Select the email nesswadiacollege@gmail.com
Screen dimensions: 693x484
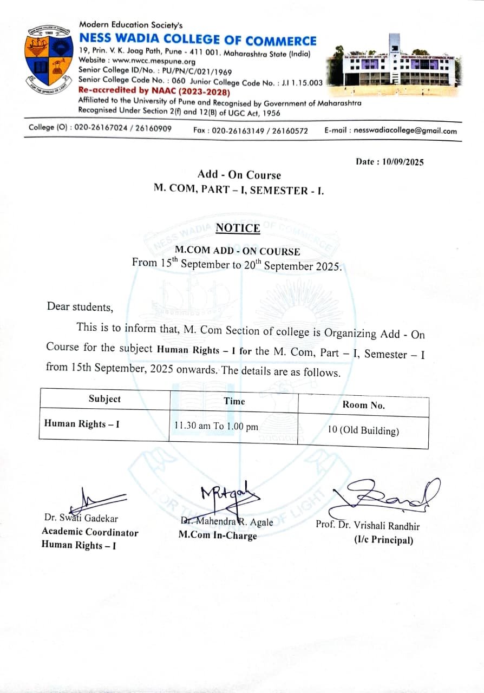[x=405, y=130]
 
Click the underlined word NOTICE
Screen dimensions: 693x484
[x=238, y=228]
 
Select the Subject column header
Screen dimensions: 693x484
[x=104, y=399]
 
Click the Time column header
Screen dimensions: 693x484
[x=234, y=401]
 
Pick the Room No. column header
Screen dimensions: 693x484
[x=364, y=404]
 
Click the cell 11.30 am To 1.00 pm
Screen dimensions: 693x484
[x=216, y=426]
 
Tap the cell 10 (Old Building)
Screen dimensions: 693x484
[x=363, y=431]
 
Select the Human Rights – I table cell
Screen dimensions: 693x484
[x=82, y=423]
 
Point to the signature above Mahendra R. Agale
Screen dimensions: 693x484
[x=225, y=495]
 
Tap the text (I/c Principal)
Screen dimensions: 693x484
[x=384, y=540]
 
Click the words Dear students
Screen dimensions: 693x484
[x=80, y=306]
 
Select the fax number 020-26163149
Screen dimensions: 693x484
[x=239, y=130]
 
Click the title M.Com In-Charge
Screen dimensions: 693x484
[x=218, y=535]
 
